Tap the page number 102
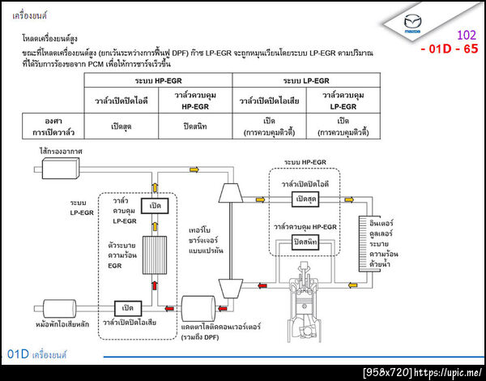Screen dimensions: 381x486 pyautogui.click(x=467, y=35)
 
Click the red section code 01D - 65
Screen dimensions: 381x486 pyautogui.click(x=449, y=49)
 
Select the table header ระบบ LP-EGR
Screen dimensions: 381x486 pyautogui.click(x=306, y=81)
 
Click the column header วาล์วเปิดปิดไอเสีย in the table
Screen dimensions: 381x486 pyautogui.click(x=269, y=100)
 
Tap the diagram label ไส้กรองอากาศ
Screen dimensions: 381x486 pyautogui.click(x=58, y=152)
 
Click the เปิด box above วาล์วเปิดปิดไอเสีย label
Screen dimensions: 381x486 pyautogui.click(x=126, y=308)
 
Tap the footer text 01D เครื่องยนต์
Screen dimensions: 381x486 pyautogui.click(x=37, y=354)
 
